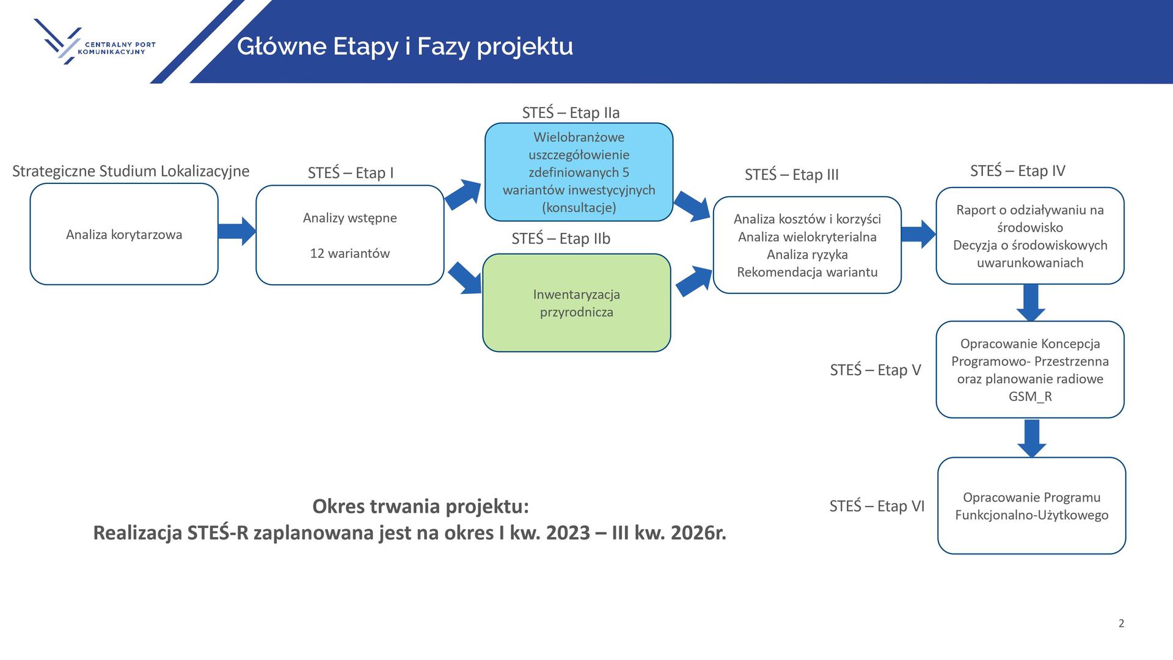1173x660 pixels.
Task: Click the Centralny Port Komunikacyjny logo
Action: point(95,42)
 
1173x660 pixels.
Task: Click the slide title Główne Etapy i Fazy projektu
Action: point(405,46)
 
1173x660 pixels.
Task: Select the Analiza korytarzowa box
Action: point(124,235)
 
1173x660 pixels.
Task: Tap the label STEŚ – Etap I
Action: point(351,173)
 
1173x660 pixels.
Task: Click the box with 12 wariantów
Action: point(349,235)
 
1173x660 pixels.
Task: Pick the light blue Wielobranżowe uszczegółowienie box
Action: point(579,172)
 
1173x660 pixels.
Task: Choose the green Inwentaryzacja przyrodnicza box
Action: point(576,303)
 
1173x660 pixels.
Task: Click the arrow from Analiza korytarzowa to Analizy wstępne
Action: point(237,232)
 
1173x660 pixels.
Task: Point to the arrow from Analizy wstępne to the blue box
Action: point(463,195)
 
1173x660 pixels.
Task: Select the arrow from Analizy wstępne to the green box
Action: point(466,278)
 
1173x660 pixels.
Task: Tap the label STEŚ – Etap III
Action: point(792,175)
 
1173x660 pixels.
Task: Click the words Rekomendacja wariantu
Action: point(807,272)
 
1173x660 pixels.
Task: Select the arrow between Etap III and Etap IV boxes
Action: point(918,234)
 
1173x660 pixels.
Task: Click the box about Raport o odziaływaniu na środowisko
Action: point(1030,236)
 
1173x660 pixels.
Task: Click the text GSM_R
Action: point(1030,397)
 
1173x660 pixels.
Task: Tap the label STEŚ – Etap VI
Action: point(877,506)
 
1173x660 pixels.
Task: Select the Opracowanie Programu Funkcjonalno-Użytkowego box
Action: point(1031,506)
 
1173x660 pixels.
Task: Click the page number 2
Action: point(1121,623)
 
